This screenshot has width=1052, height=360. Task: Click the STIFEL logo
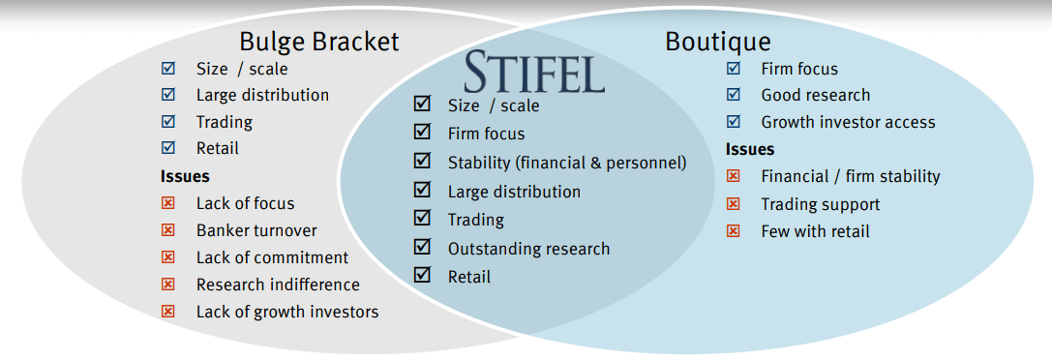click(534, 72)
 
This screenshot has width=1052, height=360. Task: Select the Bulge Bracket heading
click(318, 42)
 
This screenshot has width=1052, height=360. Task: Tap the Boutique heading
click(717, 42)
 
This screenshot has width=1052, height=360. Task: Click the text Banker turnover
click(256, 230)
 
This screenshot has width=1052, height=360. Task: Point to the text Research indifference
click(278, 285)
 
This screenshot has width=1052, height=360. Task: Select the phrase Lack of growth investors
click(287, 312)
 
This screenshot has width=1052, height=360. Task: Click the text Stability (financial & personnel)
click(566, 163)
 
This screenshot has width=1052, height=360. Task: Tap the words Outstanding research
click(528, 249)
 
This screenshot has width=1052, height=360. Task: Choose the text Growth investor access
click(848, 122)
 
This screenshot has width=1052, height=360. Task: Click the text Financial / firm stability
click(850, 176)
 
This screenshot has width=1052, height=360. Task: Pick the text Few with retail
click(815, 231)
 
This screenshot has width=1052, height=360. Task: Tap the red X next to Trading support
click(734, 204)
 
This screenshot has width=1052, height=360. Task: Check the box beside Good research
click(734, 95)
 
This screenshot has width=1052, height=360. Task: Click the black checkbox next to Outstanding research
click(421, 248)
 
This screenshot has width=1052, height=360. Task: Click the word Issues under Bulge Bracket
click(185, 176)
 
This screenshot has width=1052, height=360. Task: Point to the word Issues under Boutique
click(750, 149)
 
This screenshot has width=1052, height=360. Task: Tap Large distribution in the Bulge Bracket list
click(262, 95)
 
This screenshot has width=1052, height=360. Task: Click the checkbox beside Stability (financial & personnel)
click(421, 162)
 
